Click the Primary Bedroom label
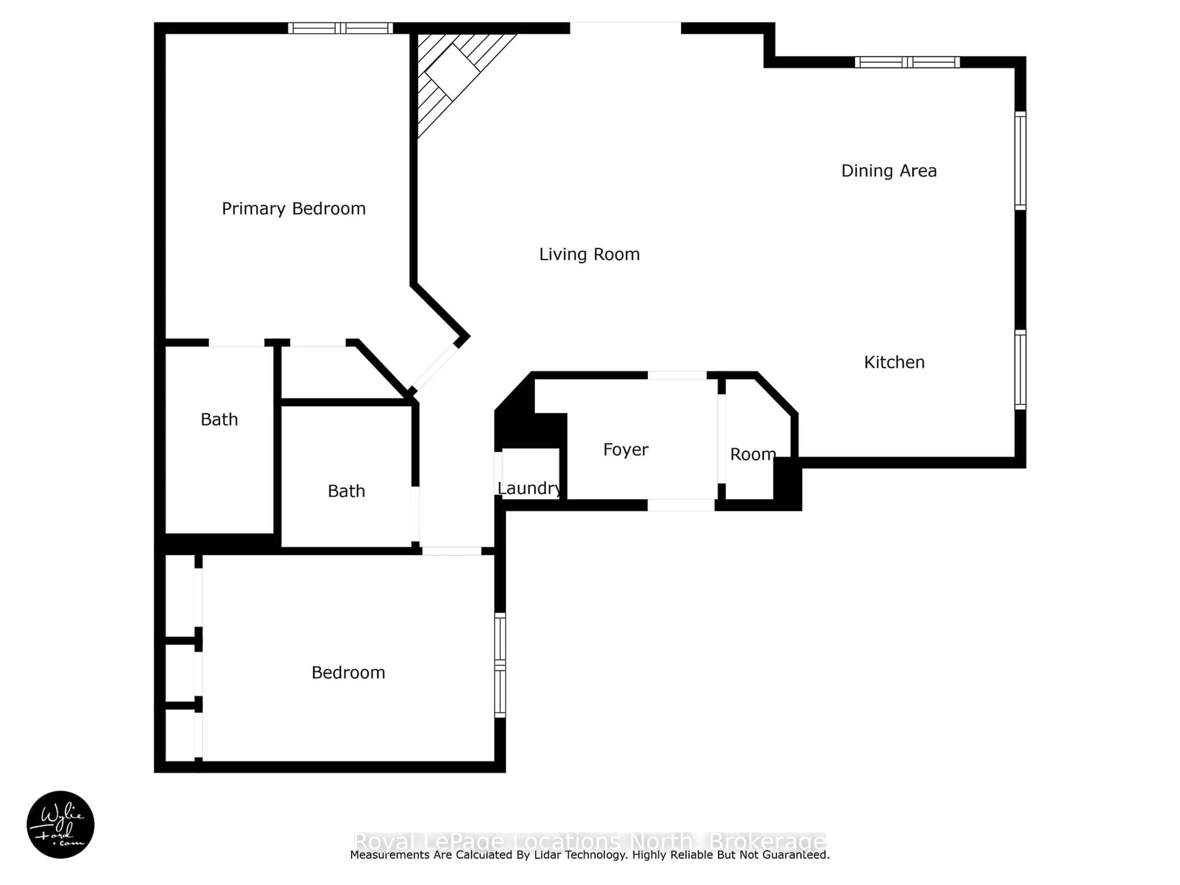tap(293, 209)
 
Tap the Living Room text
tap(589, 254)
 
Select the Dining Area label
tap(889, 171)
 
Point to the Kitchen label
tap(894, 363)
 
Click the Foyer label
tap(625, 450)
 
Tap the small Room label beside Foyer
tap(752, 454)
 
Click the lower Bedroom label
tap(348, 673)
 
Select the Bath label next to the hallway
tap(346, 491)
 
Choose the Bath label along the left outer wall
tap(219, 420)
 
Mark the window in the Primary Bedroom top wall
tap(340, 28)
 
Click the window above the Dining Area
tap(907, 62)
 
